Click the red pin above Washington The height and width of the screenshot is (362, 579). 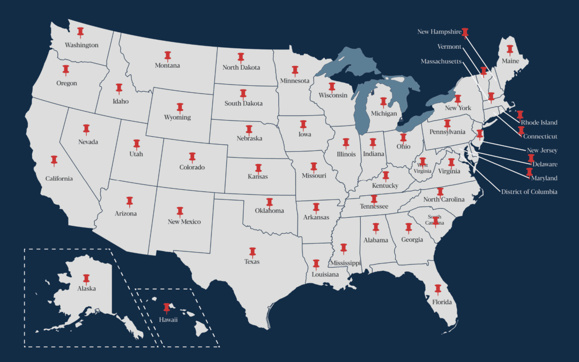(80, 32)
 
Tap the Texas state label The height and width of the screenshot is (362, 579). (252, 262)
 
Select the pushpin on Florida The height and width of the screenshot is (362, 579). (437, 290)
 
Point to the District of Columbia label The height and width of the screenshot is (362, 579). (529, 191)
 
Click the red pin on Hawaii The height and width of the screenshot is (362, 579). (167, 307)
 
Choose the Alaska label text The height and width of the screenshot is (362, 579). (86, 289)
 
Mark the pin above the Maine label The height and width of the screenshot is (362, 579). (510, 50)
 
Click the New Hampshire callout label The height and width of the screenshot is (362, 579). (439, 32)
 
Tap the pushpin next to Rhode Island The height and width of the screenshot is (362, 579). (519, 115)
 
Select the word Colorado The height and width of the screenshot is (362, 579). (192, 167)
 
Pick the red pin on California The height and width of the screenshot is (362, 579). (54, 160)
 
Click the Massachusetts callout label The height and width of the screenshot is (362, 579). (441, 62)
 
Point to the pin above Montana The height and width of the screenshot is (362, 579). (167, 55)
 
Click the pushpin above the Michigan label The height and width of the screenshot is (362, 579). (383, 102)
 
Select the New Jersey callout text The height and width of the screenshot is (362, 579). (542, 151)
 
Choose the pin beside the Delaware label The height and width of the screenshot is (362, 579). (531, 158)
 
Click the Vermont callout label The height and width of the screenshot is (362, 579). (449, 47)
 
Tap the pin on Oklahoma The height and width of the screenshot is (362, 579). (270, 202)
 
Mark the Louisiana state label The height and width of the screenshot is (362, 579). (325, 275)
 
